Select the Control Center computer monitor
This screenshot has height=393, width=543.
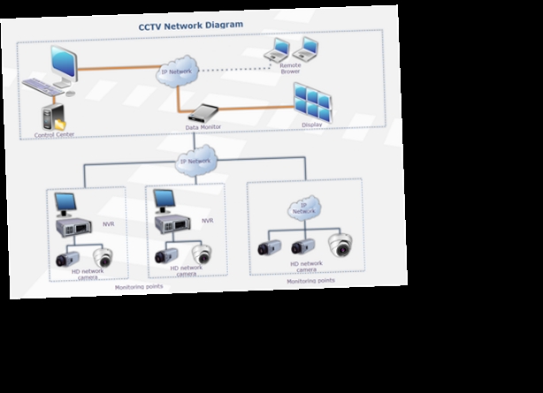tap(65, 64)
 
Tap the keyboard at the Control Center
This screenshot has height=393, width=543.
tap(44, 87)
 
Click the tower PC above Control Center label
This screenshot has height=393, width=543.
tap(53, 117)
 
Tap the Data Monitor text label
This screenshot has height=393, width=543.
tap(203, 127)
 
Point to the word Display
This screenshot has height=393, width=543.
tap(311, 125)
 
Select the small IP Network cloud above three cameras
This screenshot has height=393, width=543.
tap(303, 209)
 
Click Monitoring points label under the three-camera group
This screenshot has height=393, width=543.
tap(311, 281)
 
